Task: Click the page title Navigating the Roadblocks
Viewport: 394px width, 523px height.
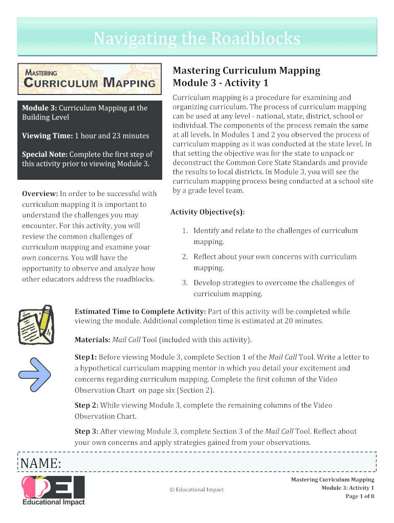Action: pyautogui.click(x=196, y=38)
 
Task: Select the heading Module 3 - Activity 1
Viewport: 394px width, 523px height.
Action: pyautogui.click(x=221, y=83)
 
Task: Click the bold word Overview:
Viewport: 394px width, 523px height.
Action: pyautogui.click(x=40, y=194)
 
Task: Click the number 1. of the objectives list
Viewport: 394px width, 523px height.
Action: pyautogui.click(x=185, y=231)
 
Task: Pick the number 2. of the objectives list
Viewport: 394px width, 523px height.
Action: pyautogui.click(x=185, y=257)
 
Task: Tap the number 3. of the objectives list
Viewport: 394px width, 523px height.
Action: pyautogui.click(x=185, y=283)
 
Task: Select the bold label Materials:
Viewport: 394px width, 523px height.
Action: pyautogui.click(x=93, y=340)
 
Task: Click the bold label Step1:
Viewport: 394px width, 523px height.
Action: pyautogui.click(x=86, y=358)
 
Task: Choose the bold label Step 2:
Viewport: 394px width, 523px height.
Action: pyautogui.click(x=86, y=406)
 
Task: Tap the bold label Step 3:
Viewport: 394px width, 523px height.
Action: pyautogui.click(x=86, y=432)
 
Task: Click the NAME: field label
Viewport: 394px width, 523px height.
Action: pyautogui.click(x=41, y=464)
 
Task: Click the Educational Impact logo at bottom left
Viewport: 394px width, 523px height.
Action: pyautogui.click(x=53, y=490)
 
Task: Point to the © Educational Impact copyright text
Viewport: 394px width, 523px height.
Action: pyautogui.click(x=196, y=490)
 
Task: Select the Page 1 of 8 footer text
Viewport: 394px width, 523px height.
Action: pyautogui.click(x=360, y=496)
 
